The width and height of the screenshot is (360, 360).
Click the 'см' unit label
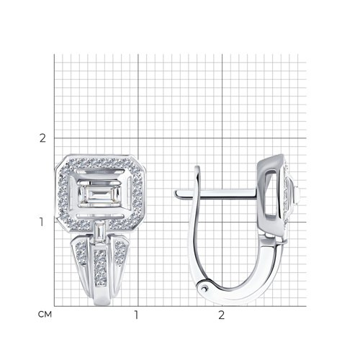(45, 315)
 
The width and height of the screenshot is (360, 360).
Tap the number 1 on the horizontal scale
(136, 315)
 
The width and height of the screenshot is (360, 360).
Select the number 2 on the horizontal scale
(221, 315)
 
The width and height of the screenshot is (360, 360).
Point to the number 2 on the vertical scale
(42, 138)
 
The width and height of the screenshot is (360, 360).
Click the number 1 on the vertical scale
(42, 222)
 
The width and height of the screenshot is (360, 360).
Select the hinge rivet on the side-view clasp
(204, 288)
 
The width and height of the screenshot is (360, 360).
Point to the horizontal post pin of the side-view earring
(215, 194)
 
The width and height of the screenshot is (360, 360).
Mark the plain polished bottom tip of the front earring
(102, 297)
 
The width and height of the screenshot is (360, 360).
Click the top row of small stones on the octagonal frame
(99, 163)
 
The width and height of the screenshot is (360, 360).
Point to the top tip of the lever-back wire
(197, 167)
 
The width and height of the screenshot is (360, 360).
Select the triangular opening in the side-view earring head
(271, 192)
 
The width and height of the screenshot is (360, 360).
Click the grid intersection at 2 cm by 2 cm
(222, 138)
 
